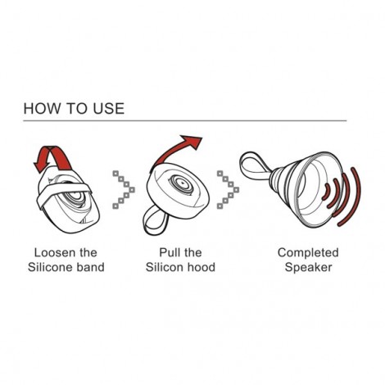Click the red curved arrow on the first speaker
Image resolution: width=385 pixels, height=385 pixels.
point(51,156)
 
